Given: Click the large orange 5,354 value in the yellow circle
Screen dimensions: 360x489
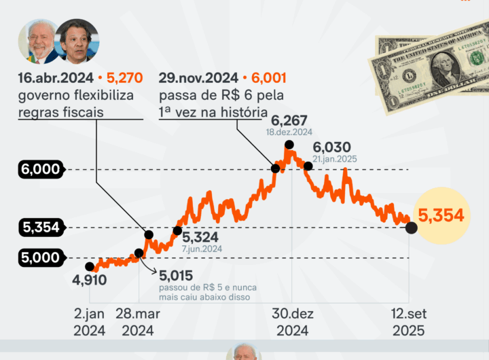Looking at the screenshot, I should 441,216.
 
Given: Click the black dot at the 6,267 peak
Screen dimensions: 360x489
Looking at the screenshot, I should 289,145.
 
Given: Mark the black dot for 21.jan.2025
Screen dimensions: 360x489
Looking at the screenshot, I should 308,165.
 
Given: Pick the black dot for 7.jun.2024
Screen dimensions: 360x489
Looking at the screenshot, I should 177,231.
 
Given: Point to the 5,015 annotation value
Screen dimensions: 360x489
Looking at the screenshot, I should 176,275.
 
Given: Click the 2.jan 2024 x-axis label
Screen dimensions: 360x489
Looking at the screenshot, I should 90,323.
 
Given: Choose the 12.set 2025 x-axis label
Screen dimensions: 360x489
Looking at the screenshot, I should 408,323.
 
